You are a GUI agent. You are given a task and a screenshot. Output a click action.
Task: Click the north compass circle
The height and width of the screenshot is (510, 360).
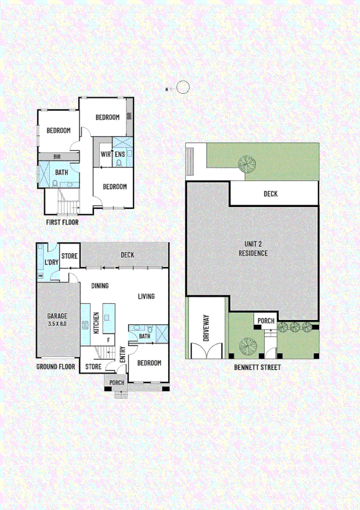[x=183, y=87]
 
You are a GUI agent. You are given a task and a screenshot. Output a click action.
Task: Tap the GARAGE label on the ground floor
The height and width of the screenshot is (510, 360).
[x=57, y=316]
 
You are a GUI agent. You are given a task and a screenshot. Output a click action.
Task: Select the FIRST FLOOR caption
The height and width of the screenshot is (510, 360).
[x=62, y=221]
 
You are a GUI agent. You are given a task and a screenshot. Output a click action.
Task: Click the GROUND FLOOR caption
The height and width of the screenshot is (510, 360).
[x=56, y=366]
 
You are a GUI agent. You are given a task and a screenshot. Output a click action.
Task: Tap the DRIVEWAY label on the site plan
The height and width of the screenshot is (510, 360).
[x=206, y=328]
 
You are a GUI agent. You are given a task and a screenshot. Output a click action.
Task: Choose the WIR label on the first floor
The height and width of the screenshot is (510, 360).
[x=106, y=154]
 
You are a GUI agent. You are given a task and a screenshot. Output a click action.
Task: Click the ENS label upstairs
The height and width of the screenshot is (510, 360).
[x=120, y=154]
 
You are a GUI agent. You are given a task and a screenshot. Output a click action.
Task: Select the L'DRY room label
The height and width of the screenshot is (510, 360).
[x=51, y=262]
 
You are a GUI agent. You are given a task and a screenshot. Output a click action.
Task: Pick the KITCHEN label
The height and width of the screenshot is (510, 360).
[x=96, y=323]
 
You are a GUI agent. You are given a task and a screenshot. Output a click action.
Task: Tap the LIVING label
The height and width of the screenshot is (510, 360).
[x=146, y=297]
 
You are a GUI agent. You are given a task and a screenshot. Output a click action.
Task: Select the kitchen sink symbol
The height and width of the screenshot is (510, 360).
[x=86, y=325]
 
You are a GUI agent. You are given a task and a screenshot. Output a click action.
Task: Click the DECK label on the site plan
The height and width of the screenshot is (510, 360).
[x=270, y=194]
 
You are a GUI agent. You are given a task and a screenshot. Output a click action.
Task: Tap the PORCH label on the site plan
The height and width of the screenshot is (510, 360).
[x=266, y=321]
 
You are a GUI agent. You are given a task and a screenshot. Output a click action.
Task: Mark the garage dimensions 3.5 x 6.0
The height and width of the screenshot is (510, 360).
[x=57, y=324]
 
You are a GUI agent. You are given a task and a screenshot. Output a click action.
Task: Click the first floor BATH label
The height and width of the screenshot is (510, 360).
[x=61, y=172]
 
